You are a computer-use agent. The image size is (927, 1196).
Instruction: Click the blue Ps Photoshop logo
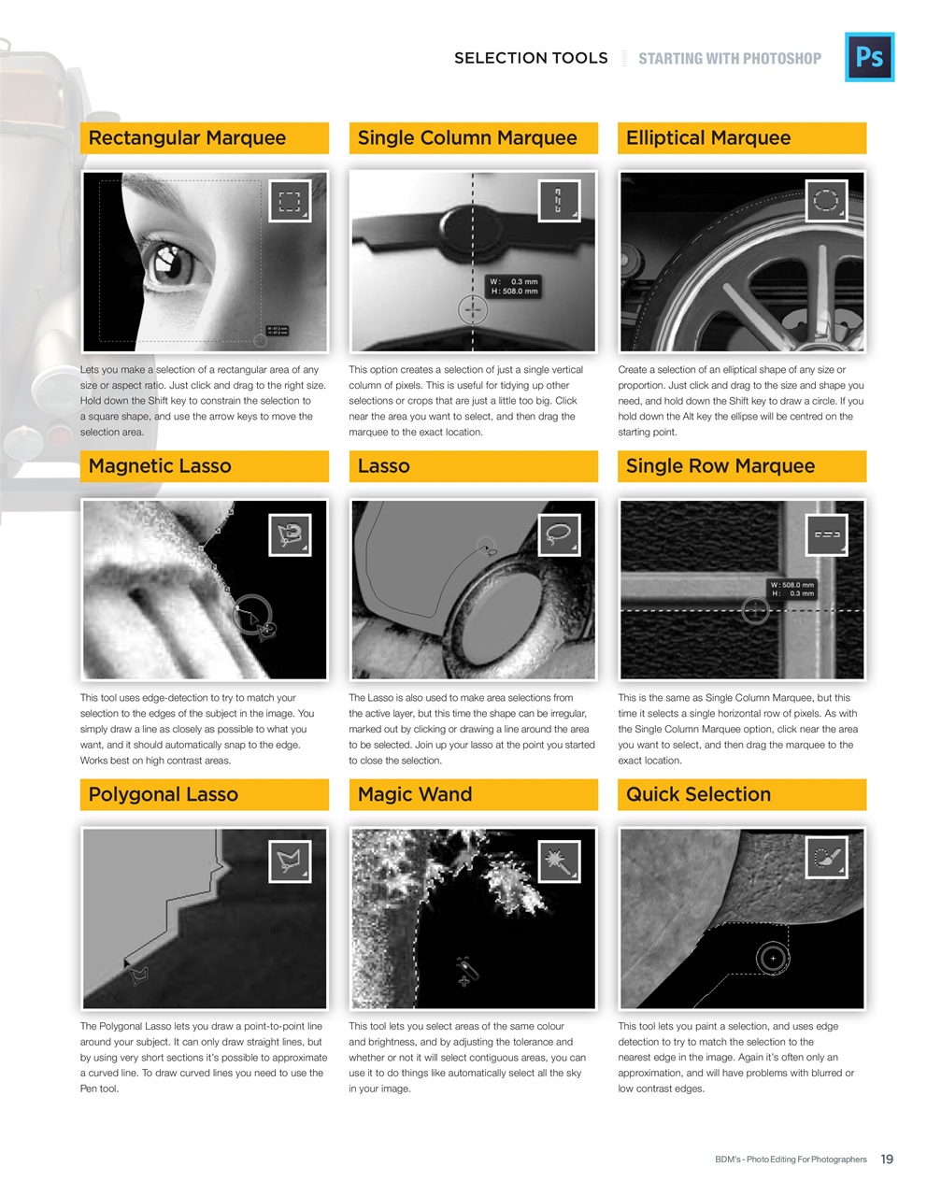coord(869,57)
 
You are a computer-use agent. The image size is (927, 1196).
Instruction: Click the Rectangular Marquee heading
coord(187,138)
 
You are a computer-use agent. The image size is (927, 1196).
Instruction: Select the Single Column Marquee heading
coord(467,138)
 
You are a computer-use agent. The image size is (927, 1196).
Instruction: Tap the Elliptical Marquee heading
coord(708,138)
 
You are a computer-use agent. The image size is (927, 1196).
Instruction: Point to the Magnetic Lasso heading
coord(160,466)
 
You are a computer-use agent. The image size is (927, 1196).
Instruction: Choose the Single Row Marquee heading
coord(720,466)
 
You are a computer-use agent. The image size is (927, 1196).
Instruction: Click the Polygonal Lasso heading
coord(164,794)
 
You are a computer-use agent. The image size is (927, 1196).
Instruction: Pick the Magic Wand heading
coord(415,794)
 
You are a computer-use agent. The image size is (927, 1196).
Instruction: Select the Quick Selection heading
coord(699,794)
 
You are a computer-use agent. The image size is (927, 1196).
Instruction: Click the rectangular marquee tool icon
coord(290,201)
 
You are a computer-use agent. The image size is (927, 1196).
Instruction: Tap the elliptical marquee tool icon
coord(827,201)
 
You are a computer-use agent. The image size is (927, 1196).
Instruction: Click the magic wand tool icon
coord(559,861)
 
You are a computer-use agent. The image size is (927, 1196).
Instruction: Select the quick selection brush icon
coord(827,861)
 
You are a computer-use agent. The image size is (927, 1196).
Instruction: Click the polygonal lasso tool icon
coord(290,861)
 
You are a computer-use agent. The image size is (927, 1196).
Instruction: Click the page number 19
coord(887,1159)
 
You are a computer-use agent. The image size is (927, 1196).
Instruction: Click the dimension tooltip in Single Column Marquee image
coord(515,286)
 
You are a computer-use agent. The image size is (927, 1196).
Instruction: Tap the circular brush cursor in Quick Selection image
coord(772,958)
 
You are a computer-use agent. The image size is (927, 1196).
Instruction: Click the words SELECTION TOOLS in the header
coord(531,58)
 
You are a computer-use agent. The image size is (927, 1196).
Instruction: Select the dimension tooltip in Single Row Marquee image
coord(792,589)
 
